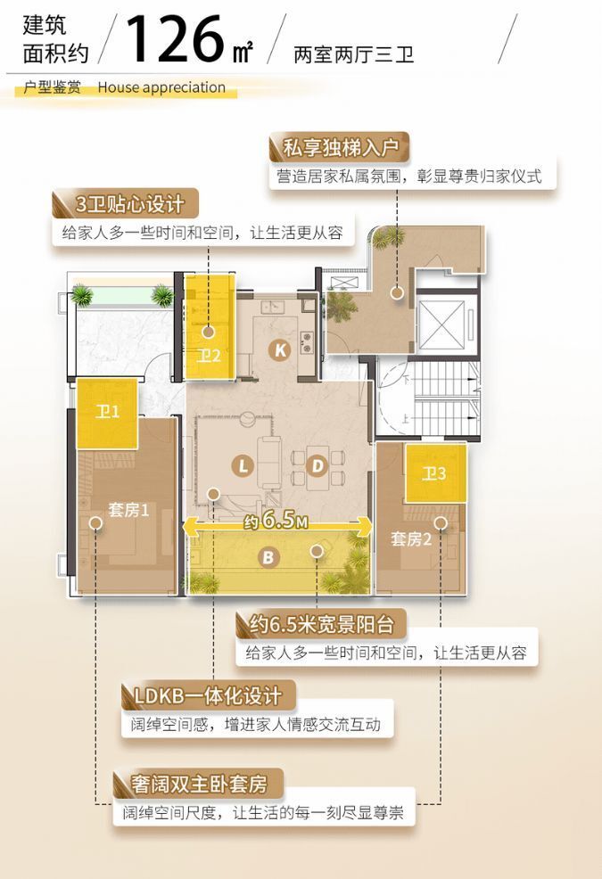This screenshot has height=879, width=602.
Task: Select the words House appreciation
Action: pyautogui.click(x=161, y=87)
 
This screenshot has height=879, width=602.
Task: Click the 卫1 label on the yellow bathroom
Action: pyautogui.click(x=108, y=412)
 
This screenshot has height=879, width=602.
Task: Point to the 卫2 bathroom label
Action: pyautogui.click(x=209, y=356)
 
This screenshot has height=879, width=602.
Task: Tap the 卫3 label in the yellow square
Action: pyautogui.click(x=434, y=474)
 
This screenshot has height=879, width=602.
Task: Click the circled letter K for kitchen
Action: pyautogui.click(x=281, y=350)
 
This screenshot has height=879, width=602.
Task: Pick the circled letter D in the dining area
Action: pyautogui.click(x=317, y=464)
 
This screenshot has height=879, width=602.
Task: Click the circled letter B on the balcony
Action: pyautogui.click(x=267, y=558)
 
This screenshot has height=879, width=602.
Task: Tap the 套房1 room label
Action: pyautogui.click(x=128, y=510)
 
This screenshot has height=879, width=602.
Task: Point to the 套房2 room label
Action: pyautogui.click(x=411, y=538)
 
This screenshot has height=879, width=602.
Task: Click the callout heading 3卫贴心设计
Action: pyautogui.click(x=130, y=204)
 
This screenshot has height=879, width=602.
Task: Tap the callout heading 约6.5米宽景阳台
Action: pyautogui.click(x=321, y=623)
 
